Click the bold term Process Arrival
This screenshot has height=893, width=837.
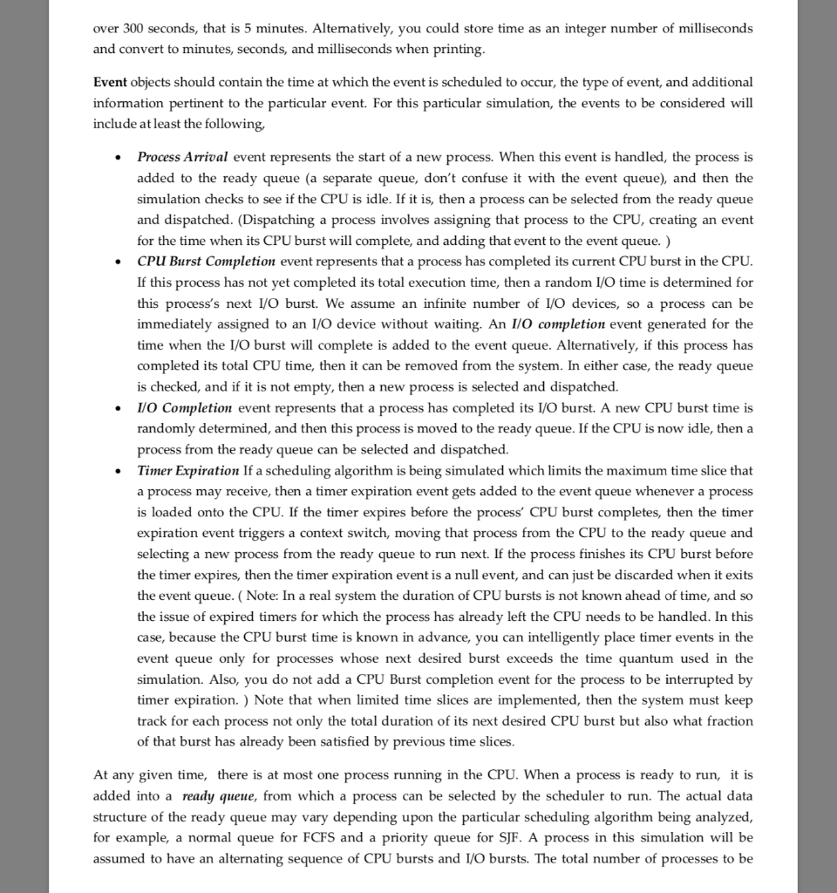pyautogui.click(x=182, y=157)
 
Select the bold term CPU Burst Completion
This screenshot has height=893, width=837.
pyautogui.click(x=206, y=262)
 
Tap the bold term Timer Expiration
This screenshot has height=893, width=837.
pyautogui.click(x=188, y=471)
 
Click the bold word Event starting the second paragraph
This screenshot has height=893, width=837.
pyautogui.click(x=110, y=82)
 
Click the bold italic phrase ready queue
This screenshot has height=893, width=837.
pyautogui.click(x=218, y=796)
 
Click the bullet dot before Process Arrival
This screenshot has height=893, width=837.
pyautogui.click(x=118, y=158)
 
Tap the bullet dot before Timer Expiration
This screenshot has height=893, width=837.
pyautogui.click(x=118, y=472)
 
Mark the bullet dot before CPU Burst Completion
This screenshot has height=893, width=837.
pyautogui.click(x=118, y=262)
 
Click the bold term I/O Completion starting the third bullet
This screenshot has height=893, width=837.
pyautogui.click(x=185, y=408)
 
